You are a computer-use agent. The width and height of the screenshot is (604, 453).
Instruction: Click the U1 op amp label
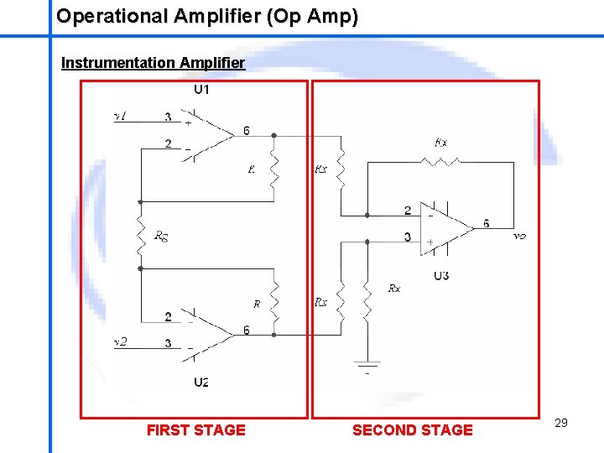pos(201,90)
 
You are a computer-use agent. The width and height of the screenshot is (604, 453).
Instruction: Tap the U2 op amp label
pos(201,383)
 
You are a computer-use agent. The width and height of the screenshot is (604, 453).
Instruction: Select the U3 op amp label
pos(441,276)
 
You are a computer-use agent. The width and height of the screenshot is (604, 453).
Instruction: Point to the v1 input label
pos(120,117)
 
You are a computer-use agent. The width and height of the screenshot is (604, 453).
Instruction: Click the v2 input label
pos(120,342)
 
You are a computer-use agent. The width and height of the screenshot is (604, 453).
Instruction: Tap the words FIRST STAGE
pos(196,430)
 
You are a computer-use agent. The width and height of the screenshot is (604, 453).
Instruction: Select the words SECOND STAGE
pos(413,430)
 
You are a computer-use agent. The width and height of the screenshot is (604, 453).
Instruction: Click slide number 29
pos(561,423)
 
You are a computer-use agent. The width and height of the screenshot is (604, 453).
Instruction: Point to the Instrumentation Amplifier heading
pos(153,63)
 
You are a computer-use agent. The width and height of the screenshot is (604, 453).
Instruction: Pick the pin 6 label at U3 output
pos(487,223)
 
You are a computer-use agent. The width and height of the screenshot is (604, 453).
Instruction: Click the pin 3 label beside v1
pos(169,117)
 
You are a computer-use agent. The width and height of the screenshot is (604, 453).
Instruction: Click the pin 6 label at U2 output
pos(246,331)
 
